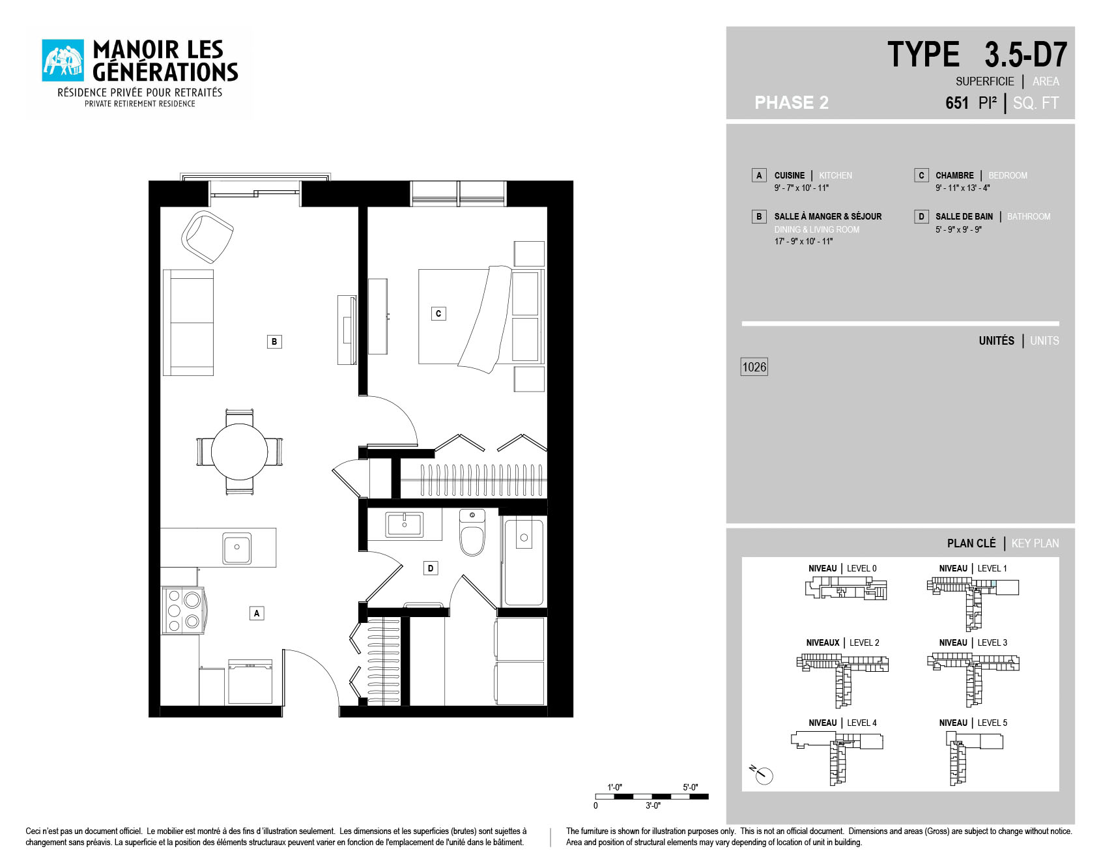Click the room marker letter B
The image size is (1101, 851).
coord(274,341)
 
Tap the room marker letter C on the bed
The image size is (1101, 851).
coord(438,313)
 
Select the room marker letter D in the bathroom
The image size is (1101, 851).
coord(430,568)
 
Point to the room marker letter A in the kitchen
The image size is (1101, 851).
coord(257,613)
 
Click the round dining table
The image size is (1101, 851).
coord(239,452)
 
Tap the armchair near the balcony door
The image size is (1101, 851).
coord(207,237)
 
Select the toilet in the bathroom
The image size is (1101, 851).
coord(472,532)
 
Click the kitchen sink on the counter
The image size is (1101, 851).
coord(236,547)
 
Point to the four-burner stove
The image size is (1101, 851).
coord(183,610)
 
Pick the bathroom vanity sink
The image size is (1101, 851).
coord(405,525)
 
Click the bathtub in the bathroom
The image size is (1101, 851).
coord(524,562)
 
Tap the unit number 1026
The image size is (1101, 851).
coord(754,367)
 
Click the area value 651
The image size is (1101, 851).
coord(957,103)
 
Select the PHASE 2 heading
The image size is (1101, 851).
coord(792,102)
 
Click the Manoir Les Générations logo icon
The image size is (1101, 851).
coord(63,61)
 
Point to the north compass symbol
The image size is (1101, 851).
coord(762,774)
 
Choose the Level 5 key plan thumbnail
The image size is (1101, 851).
coord(973,758)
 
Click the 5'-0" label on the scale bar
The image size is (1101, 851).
coord(691,787)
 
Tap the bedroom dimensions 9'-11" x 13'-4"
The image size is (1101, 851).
coord(963,188)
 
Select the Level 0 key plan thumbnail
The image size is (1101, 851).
coord(846,588)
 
